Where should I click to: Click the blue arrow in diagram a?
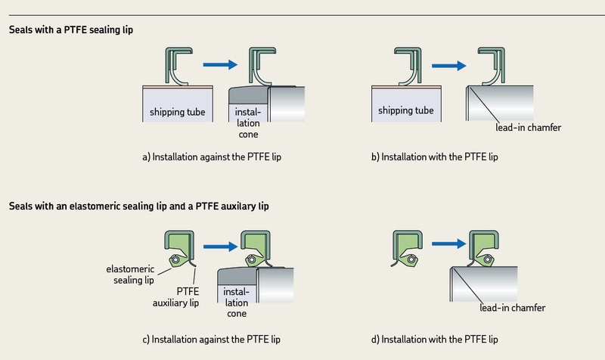pyautogui.click(x=214, y=66)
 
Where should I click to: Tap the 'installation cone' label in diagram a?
pyautogui.click(x=247, y=122)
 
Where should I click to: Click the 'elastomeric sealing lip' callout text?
pyautogui.click(x=130, y=274)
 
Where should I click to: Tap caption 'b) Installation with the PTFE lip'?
pyautogui.click(x=439, y=158)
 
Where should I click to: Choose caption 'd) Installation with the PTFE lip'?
pyautogui.click(x=439, y=339)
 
